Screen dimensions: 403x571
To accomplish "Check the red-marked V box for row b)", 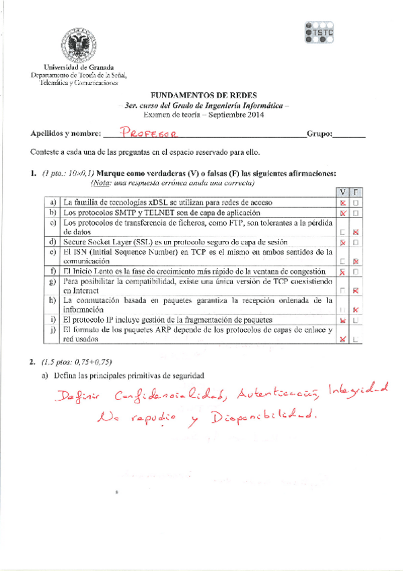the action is click(x=343, y=213).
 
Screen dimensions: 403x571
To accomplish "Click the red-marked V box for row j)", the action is click(x=343, y=339).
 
